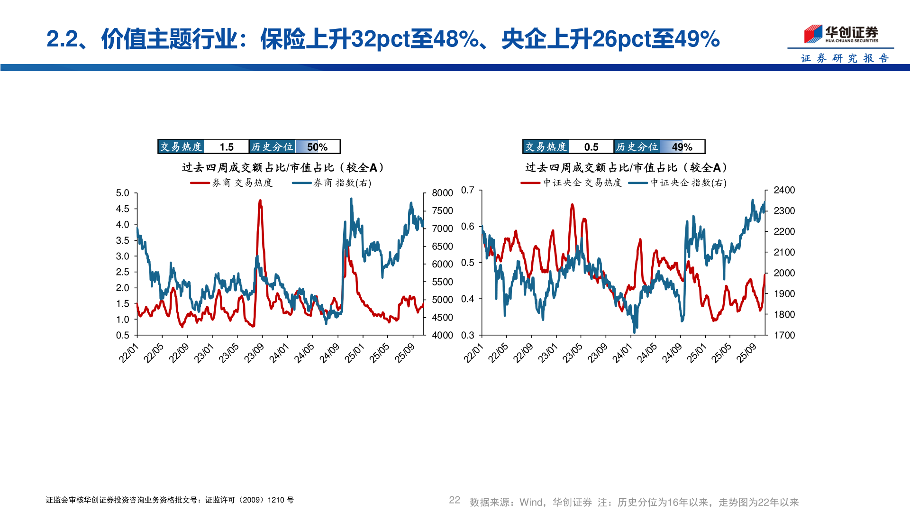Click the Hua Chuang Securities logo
841,34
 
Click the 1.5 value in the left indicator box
227,147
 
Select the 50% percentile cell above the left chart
317,147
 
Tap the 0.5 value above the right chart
591,147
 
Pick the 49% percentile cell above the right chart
682,147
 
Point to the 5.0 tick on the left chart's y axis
122,193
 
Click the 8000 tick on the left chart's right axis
442,193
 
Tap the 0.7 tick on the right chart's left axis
467,190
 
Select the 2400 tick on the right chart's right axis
784,190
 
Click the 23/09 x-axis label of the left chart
254,353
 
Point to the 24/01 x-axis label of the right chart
622,353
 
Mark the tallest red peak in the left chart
260,201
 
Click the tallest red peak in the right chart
572,205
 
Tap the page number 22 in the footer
454,500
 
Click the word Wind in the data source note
532,502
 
